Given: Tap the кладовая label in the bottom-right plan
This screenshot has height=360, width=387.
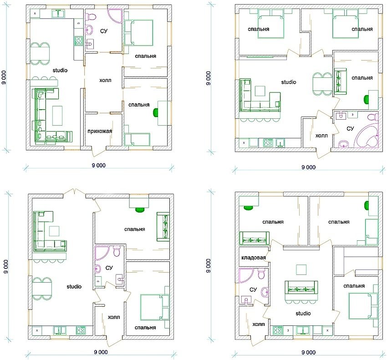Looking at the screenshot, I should pos(252,258).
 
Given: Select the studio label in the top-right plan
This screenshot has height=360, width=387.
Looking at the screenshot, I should pos(288,82).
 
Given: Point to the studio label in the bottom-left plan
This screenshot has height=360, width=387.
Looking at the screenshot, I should pos(74,287).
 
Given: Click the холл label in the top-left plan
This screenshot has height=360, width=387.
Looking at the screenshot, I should pos(105,80).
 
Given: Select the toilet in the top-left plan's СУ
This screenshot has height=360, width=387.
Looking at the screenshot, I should pos(91,18).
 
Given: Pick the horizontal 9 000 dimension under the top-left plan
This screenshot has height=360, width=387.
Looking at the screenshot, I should pos(97,166).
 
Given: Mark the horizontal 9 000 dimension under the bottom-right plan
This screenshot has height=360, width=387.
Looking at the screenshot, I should pos(308,353).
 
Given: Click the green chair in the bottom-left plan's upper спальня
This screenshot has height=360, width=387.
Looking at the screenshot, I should pos(140,210).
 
